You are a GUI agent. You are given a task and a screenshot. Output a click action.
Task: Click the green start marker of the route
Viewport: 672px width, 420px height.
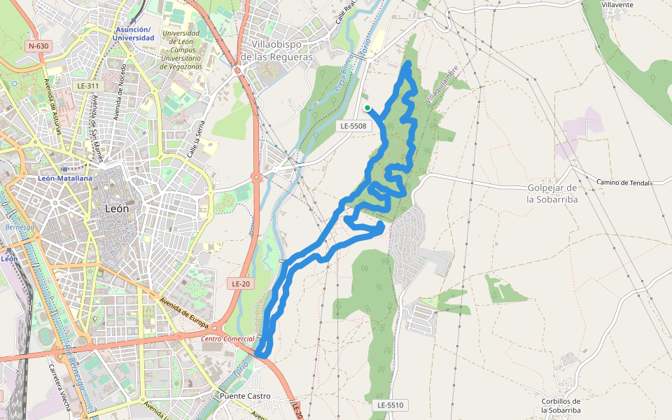(x=367, y=107)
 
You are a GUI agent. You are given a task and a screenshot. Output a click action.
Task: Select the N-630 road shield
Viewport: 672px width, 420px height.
(x=38, y=46)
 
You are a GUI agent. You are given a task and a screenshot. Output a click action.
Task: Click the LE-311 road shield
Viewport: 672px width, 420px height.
(x=88, y=85)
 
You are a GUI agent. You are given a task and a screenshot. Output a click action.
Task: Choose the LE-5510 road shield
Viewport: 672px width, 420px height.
(x=390, y=405)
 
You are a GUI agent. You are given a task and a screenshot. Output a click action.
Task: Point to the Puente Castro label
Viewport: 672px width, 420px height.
(x=245, y=396)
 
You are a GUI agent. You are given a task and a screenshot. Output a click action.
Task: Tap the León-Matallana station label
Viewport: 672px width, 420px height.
(x=66, y=178)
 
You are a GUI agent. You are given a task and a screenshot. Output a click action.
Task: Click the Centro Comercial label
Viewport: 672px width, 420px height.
(x=227, y=339)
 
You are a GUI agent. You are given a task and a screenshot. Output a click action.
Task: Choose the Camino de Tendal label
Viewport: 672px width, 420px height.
(x=624, y=183)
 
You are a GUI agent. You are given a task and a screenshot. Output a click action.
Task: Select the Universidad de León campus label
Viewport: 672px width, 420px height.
(x=181, y=50)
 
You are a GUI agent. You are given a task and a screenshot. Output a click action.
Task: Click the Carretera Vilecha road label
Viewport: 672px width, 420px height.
(x=59, y=388)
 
